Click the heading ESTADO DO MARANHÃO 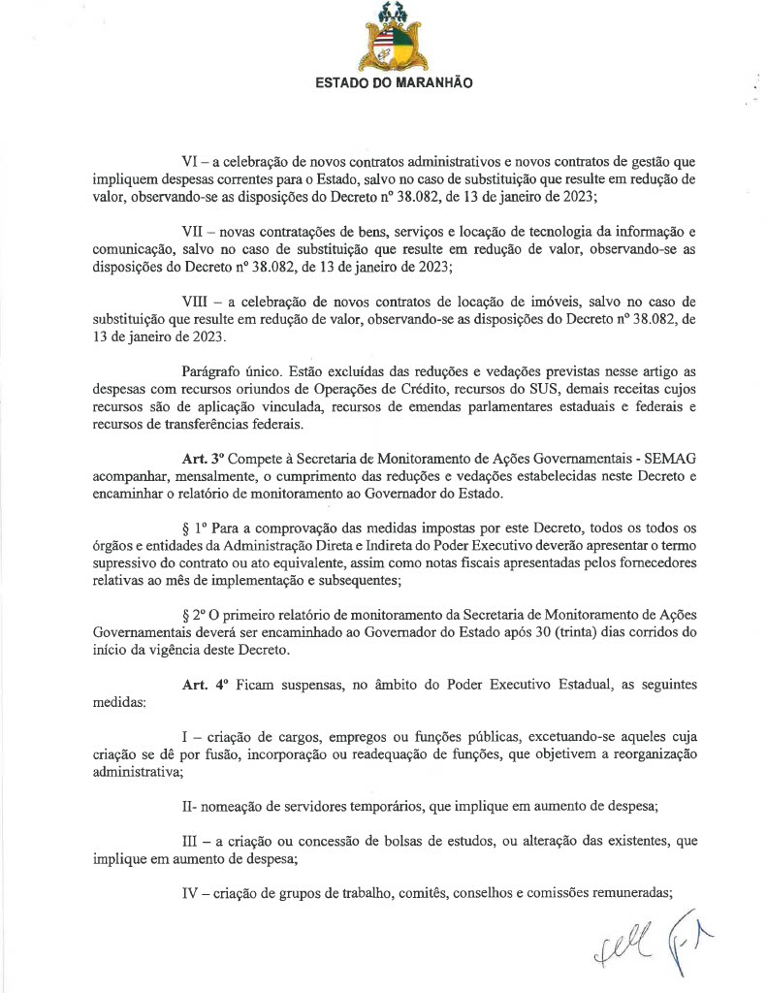coord(395,83)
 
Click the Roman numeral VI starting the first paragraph coord(192,160)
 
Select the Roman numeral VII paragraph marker coord(195,234)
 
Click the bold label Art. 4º coord(203,685)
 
